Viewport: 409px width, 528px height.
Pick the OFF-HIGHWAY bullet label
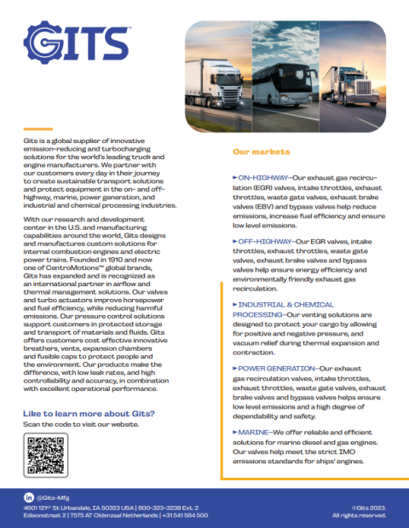(x=263, y=242)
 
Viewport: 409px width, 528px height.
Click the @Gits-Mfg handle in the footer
(x=55, y=496)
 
